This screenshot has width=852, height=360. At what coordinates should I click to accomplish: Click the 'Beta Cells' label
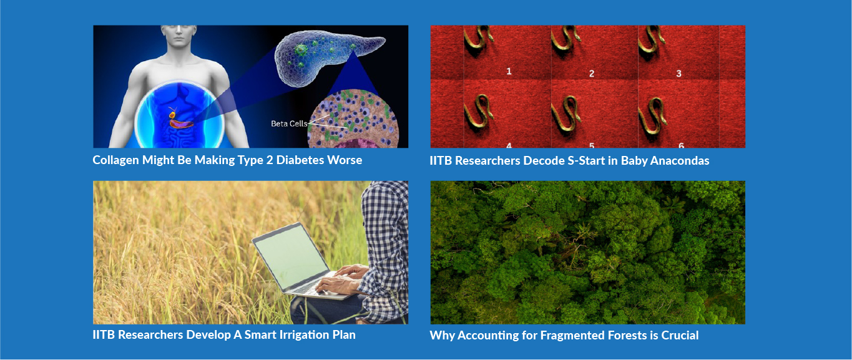point(289,124)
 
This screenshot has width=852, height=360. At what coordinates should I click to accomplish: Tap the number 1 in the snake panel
point(509,71)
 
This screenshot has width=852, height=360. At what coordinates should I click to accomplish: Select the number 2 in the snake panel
point(592,74)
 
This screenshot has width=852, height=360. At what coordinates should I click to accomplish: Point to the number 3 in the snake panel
point(678,74)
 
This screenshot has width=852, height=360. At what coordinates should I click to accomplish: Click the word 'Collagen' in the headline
point(115,160)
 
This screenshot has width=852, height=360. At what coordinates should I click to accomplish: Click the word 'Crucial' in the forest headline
point(680,335)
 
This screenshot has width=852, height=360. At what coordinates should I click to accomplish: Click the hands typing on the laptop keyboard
point(342,280)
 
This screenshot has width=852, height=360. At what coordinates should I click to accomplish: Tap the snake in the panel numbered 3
point(651,40)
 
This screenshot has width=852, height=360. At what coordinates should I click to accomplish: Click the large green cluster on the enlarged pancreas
point(301,50)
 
